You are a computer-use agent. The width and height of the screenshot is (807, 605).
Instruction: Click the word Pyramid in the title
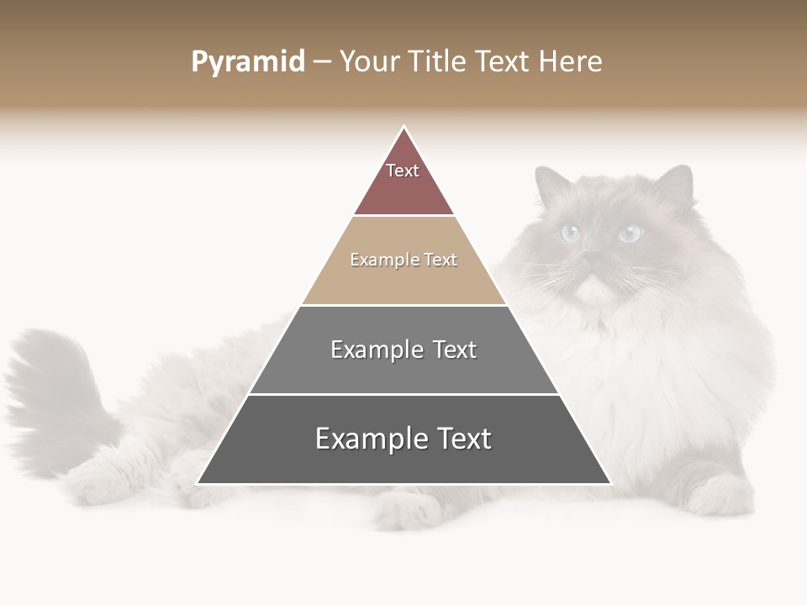point(248,62)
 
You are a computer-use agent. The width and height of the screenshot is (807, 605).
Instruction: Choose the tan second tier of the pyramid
point(403,277)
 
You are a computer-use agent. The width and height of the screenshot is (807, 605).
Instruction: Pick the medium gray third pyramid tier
point(403,370)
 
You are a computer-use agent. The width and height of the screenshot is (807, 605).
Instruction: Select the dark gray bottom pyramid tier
point(403,458)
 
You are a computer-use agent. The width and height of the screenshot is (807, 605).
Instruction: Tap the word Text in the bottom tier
point(460,439)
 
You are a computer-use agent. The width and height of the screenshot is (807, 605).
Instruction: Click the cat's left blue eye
point(571,233)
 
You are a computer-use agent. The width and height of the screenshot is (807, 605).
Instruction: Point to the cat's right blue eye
point(630,233)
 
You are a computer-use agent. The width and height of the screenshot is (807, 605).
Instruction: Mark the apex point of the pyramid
point(403,128)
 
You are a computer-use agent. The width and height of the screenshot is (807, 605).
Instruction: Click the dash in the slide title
point(322,62)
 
